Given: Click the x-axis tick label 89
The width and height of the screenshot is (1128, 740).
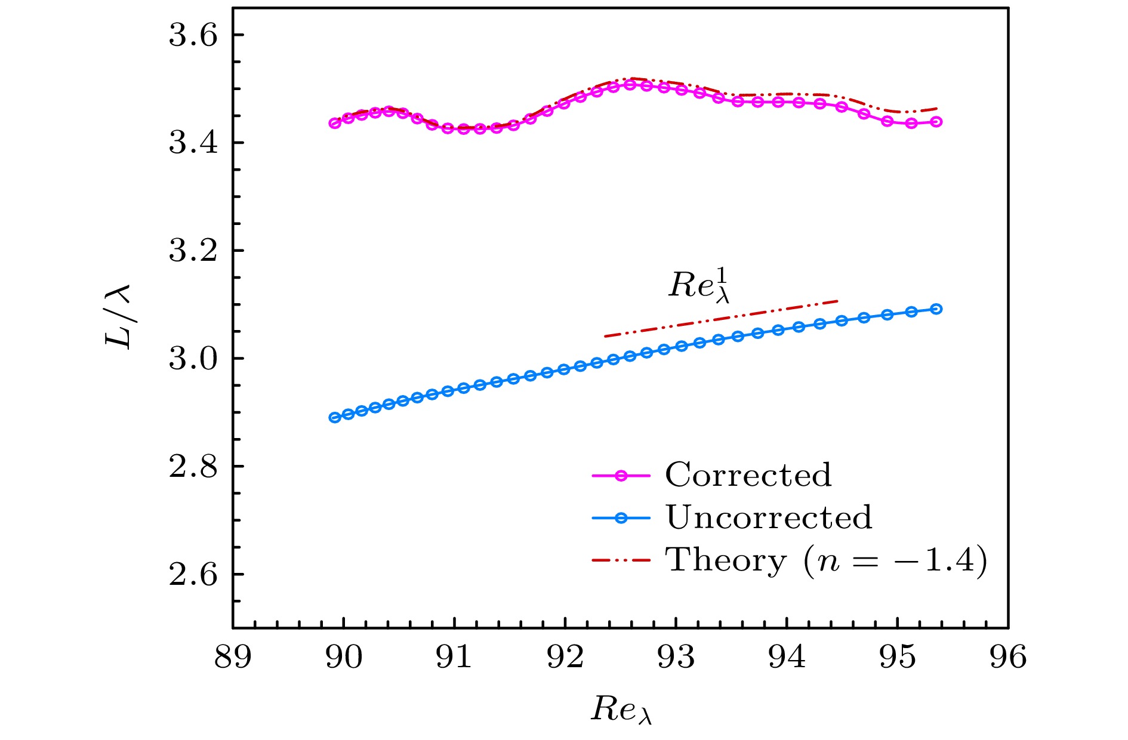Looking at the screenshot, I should [233, 657].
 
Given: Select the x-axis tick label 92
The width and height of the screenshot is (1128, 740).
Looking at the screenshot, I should [565, 657].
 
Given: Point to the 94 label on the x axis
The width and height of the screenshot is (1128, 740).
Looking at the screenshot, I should [787, 657].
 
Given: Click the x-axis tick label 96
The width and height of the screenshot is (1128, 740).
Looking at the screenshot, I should [1008, 657].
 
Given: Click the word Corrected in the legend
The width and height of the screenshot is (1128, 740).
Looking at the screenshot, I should [748, 475].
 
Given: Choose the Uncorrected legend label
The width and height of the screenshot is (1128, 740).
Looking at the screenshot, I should [769, 517].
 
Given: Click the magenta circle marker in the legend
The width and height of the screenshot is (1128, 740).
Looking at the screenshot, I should [621, 476].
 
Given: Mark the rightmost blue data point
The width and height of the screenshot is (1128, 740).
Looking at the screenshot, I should [936, 309].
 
